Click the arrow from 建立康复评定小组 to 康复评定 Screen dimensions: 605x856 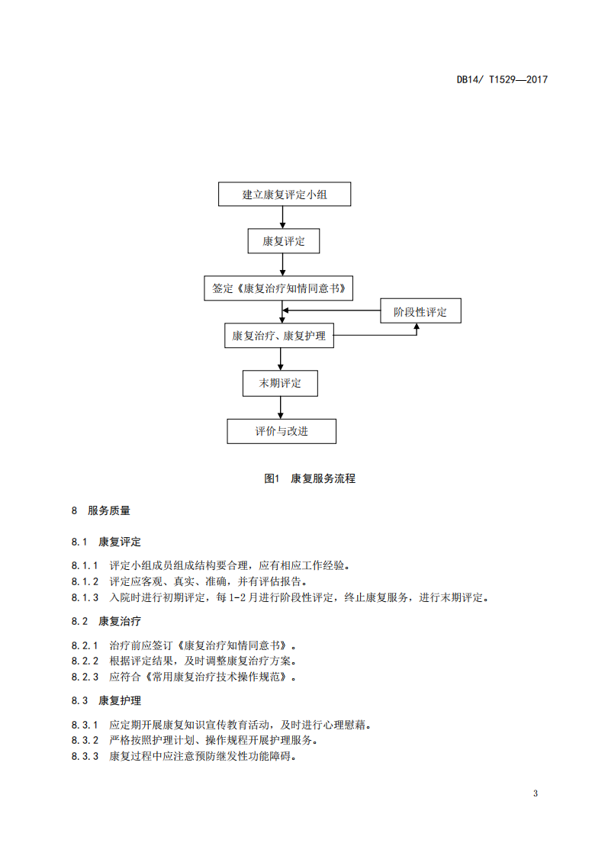pos(282,217)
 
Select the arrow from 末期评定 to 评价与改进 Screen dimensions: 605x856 pos(281,407)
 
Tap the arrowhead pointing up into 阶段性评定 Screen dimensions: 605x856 pos(417,327)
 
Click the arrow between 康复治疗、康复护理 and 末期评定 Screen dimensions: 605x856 pos(281,359)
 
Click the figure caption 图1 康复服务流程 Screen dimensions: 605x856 pos(310,479)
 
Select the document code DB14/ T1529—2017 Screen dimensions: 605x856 pos(502,79)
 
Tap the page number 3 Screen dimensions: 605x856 pos(535,793)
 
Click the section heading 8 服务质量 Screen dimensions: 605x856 pos(101,510)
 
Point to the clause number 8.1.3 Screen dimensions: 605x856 pos(85,598)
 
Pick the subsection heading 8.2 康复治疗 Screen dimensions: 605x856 pos(106,621)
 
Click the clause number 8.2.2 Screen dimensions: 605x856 pos(85,661)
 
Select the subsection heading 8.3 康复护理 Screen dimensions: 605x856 pos(106,700)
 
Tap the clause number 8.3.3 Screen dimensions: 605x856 pos(85,757)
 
